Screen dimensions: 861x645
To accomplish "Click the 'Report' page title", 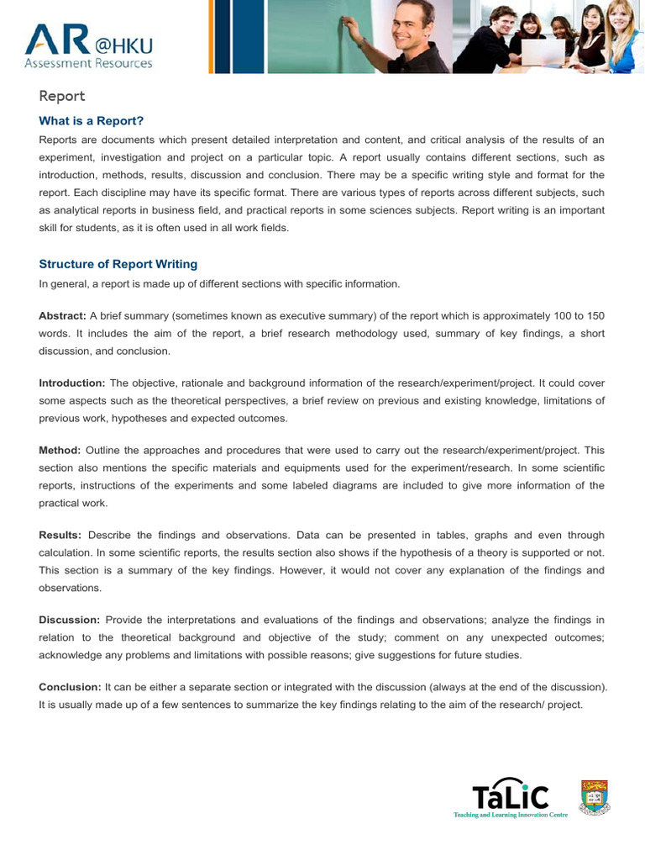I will (x=62, y=97).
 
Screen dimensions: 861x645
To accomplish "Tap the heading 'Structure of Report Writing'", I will (x=118, y=265).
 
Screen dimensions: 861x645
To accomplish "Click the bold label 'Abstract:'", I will (x=62, y=316).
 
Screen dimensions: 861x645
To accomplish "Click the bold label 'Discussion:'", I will (x=70, y=621).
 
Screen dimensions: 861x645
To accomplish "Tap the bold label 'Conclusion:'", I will (x=70, y=687).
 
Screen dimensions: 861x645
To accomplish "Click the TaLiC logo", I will (x=511, y=796).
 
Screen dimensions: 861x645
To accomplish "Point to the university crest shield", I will (x=595, y=797).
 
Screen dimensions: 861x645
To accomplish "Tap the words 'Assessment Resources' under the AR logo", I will (x=88, y=63).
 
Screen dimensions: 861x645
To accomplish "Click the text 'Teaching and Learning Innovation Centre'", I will (x=511, y=815).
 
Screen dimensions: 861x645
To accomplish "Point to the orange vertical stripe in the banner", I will (x=211, y=36).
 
